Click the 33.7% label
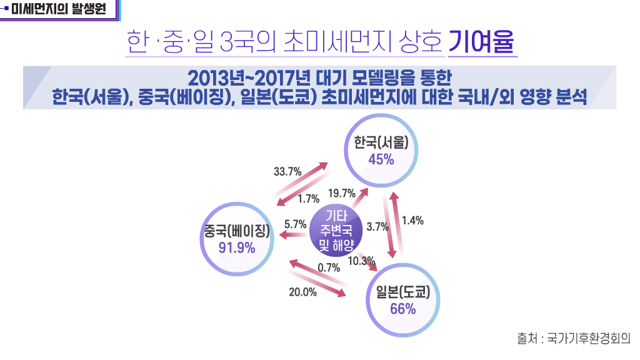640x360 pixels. (x=287, y=171)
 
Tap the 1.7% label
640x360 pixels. (x=308, y=199)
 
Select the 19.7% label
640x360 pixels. (x=341, y=194)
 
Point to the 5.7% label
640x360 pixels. (x=295, y=224)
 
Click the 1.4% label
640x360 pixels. (x=412, y=220)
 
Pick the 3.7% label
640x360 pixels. (x=377, y=227)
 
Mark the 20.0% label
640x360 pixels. (x=302, y=292)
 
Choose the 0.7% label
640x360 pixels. (x=329, y=267)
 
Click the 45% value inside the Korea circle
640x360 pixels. (x=381, y=160)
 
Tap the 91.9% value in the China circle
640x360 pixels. (x=236, y=248)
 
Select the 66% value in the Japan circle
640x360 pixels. (x=402, y=309)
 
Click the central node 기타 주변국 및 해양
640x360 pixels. (x=336, y=230)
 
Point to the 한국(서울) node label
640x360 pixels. (x=381, y=143)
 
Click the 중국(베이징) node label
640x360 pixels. (x=236, y=231)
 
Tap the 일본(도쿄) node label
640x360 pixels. (x=402, y=292)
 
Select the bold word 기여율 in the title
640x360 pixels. (x=482, y=42)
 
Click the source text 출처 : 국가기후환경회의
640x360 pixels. (x=574, y=339)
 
